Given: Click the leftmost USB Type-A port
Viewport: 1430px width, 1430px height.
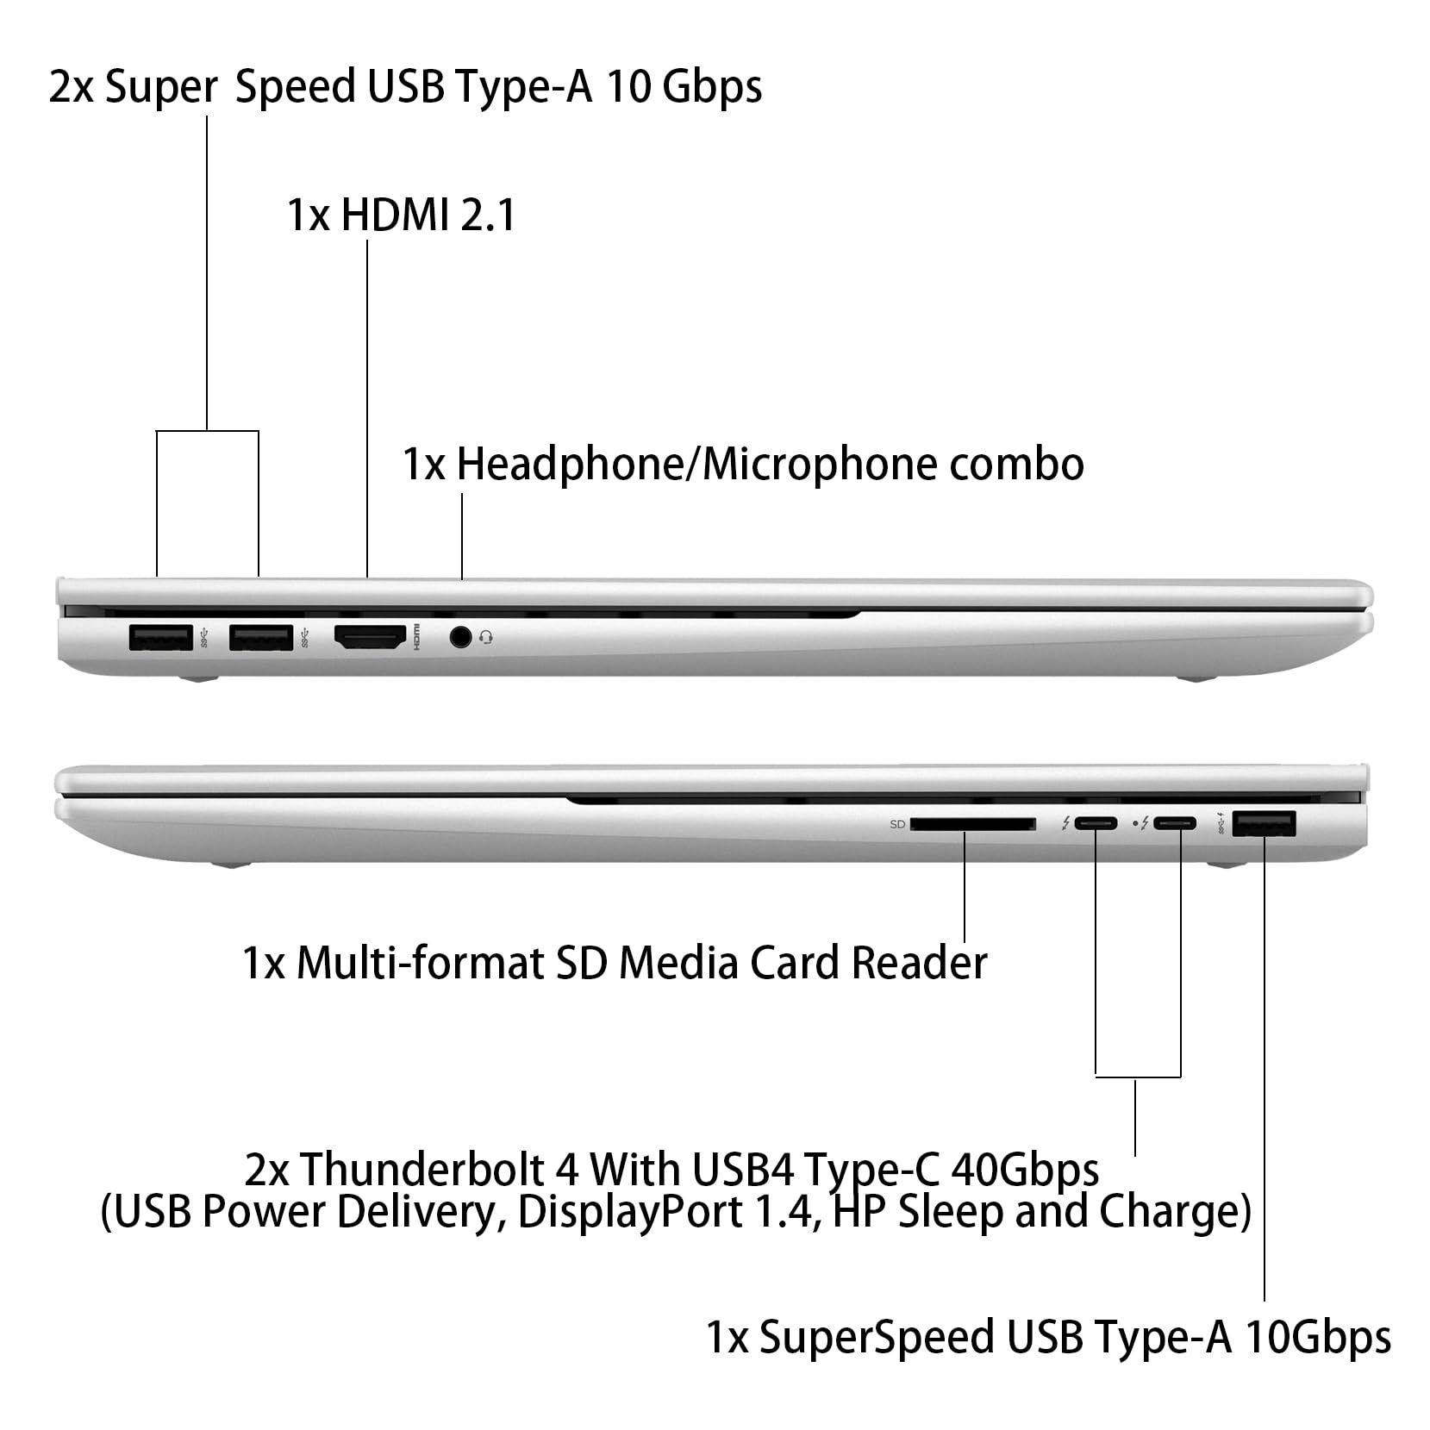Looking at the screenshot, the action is (x=160, y=637).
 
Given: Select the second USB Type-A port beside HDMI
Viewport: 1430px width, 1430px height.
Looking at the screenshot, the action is (x=261, y=637).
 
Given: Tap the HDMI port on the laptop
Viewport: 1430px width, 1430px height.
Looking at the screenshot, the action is (x=370, y=637).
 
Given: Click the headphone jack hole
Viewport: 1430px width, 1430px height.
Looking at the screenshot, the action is (x=461, y=637).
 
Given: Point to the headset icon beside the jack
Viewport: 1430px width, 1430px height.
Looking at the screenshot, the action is (x=486, y=638).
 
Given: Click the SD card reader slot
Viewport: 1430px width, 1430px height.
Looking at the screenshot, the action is (x=972, y=824).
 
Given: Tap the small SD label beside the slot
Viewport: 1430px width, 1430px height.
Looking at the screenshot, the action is (x=896, y=825).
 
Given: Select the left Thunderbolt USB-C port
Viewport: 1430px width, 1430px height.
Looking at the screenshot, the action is (x=1096, y=823).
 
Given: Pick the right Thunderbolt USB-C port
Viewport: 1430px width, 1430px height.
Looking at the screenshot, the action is (x=1174, y=823).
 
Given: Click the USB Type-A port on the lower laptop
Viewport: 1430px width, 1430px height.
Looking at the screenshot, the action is (x=1265, y=824).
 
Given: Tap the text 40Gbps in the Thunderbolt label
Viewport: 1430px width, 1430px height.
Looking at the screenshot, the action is (x=1025, y=1170).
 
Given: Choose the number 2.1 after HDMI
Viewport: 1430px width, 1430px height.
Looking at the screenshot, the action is (x=488, y=215).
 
